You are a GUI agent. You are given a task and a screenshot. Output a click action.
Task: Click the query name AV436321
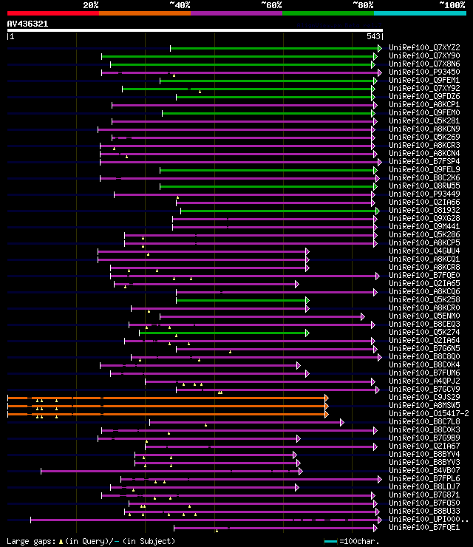pos(27,24)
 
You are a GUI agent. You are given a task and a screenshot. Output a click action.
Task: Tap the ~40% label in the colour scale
pos(180,4)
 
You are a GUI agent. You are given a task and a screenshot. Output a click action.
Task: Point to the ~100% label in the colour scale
pos(452,4)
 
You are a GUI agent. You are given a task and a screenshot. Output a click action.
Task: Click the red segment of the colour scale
pos(52,13)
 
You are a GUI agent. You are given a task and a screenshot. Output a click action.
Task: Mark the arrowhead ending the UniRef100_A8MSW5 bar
pos(326,405)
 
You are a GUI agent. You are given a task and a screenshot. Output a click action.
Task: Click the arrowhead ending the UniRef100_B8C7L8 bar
pos(341,421)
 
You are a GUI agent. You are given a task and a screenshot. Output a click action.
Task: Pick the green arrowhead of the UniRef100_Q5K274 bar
pos(307,332)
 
